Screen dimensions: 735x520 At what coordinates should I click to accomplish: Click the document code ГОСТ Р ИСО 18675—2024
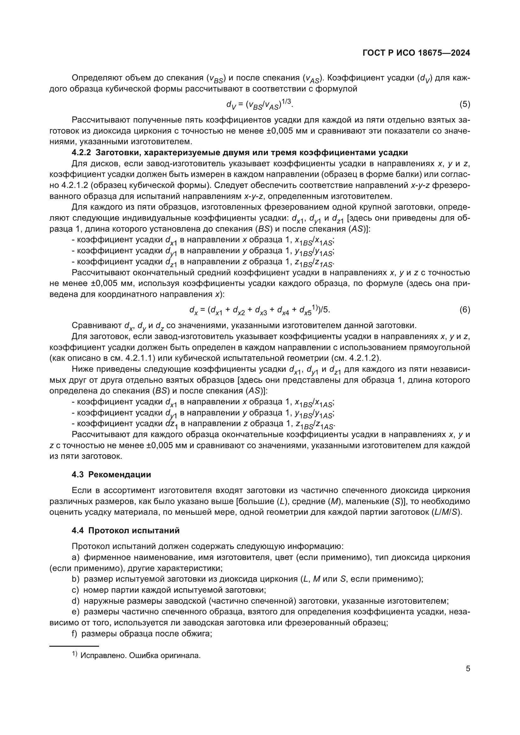pyautogui.click(x=416, y=53)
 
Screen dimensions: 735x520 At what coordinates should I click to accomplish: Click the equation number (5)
pyautogui.click(x=465, y=104)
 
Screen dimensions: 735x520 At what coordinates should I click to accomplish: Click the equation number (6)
pyautogui.click(x=465, y=310)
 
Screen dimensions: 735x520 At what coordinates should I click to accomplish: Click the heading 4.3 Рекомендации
pyautogui.click(x=111, y=474)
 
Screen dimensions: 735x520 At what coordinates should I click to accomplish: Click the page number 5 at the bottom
pyautogui.click(x=468, y=668)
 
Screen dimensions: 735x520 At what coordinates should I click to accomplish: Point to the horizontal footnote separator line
pyautogui.click(x=74, y=646)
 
